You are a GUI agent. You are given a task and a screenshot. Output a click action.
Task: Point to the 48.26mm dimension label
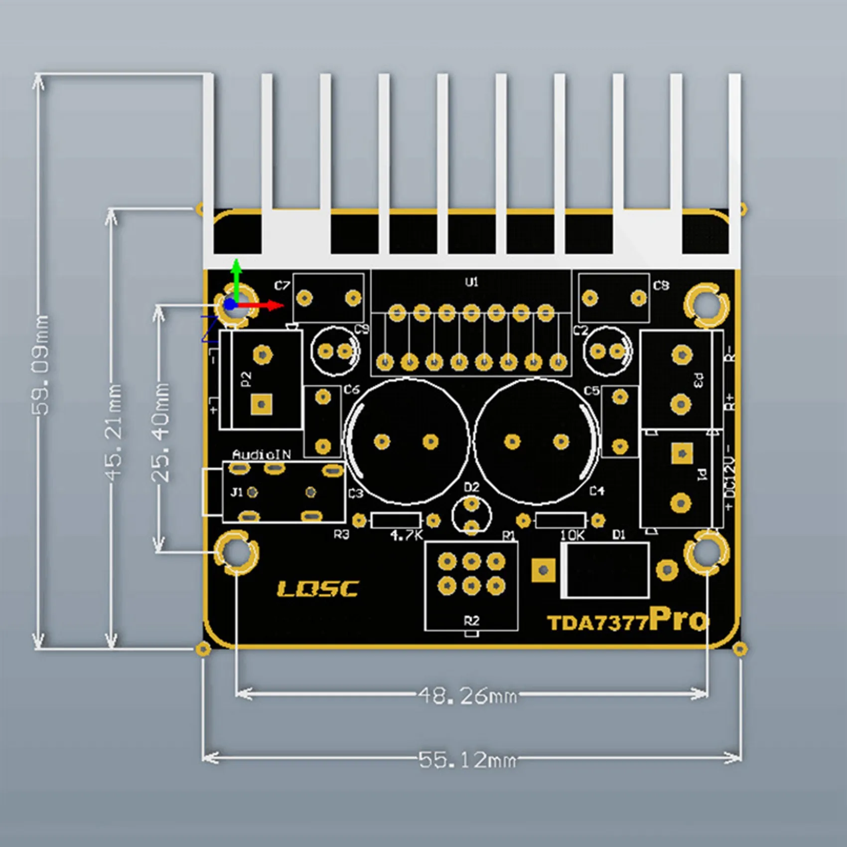click(467, 695)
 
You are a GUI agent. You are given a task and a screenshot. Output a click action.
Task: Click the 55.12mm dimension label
click(467, 760)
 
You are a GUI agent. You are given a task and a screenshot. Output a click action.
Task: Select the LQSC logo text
click(317, 589)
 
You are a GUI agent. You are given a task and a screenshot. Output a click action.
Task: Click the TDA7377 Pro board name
click(627, 620)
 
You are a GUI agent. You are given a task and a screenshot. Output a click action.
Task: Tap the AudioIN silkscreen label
click(262, 454)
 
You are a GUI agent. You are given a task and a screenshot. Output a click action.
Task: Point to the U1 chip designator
click(471, 282)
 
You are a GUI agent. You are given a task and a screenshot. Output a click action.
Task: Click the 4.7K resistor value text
click(407, 536)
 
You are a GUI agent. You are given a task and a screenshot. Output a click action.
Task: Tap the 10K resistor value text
click(572, 536)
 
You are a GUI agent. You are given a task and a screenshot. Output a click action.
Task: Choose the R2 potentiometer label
click(471, 621)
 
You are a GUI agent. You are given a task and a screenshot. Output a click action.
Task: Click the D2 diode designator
click(471, 487)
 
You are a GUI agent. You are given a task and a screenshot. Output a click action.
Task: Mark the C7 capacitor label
click(282, 285)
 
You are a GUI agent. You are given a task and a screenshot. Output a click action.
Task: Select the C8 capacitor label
click(661, 285)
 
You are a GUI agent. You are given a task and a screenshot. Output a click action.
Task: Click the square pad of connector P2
click(261, 404)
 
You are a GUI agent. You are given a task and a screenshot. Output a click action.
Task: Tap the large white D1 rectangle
click(605, 570)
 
